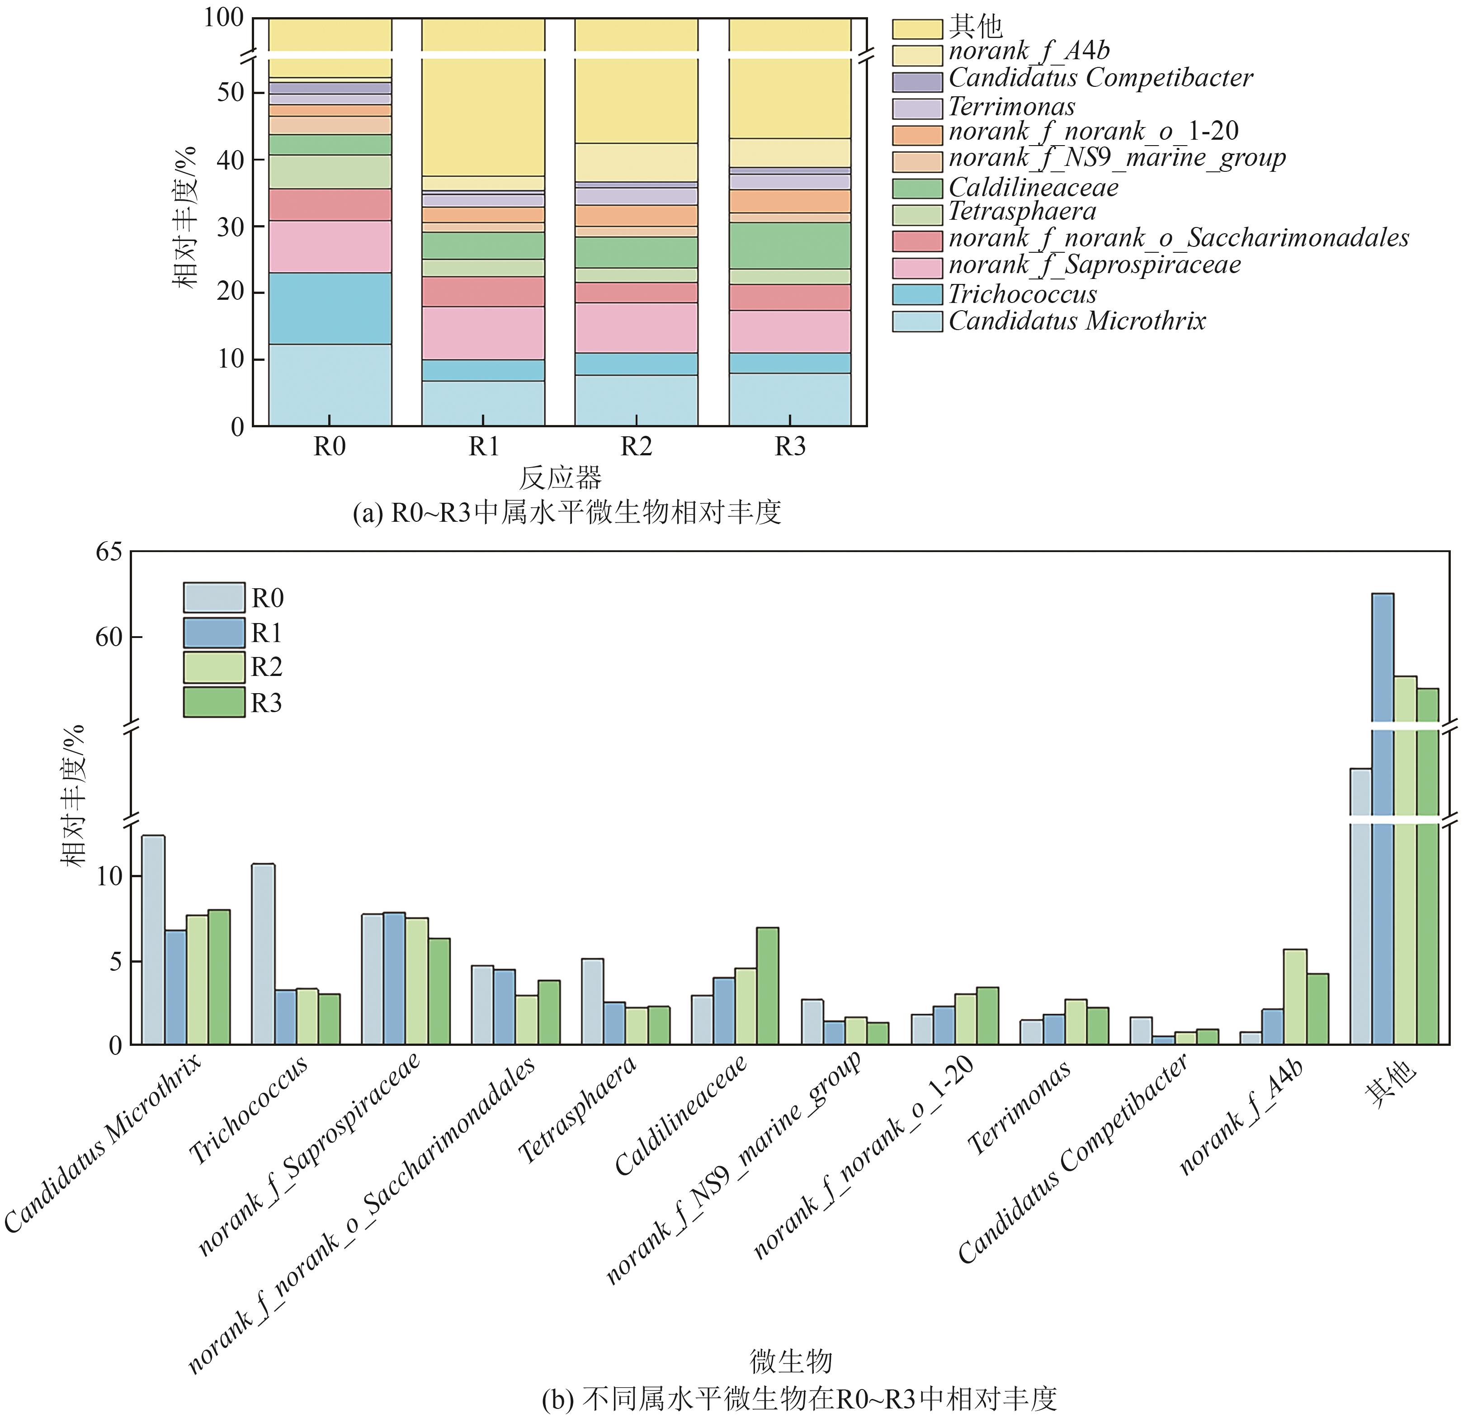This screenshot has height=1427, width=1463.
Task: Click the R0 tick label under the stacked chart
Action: click(329, 447)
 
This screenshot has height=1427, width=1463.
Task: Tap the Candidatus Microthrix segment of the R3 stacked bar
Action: click(789, 399)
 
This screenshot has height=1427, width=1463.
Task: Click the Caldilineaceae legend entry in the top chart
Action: click(1033, 187)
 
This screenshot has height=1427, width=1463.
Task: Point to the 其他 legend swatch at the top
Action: click(916, 28)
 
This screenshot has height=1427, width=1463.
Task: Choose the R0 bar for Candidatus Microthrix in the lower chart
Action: click(153, 940)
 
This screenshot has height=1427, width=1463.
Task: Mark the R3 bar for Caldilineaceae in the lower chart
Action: click(767, 986)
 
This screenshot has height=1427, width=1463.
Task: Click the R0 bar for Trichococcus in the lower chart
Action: click(263, 954)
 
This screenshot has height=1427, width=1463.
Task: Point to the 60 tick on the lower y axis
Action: click(108, 637)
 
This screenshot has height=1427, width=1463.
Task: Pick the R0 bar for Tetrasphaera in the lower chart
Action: click(592, 1002)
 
